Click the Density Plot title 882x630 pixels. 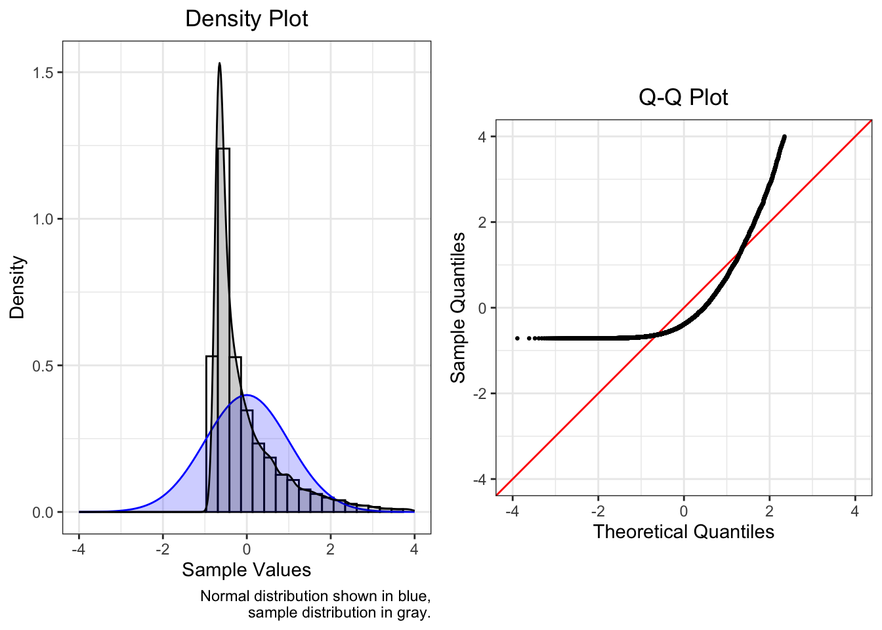(246, 18)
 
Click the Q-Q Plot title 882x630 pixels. (683, 97)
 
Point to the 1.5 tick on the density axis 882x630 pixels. (43, 72)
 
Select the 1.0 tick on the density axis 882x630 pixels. (43, 219)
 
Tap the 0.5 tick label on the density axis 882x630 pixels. (43, 366)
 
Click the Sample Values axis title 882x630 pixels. (246, 570)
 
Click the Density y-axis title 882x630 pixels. (17, 287)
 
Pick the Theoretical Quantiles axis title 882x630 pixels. (683, 532)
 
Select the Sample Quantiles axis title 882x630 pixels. (457, 307)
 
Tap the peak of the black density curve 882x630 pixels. (219, 64)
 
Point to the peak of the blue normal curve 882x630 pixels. (247, 395)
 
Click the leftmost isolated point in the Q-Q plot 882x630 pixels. (517, 338)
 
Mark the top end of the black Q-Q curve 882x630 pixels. (784, 136)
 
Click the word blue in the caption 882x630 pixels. (413, 596)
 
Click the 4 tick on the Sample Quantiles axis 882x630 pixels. (482, 136)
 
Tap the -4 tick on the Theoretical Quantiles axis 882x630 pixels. (513, 511)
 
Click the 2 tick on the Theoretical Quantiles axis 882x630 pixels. (769, 511)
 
